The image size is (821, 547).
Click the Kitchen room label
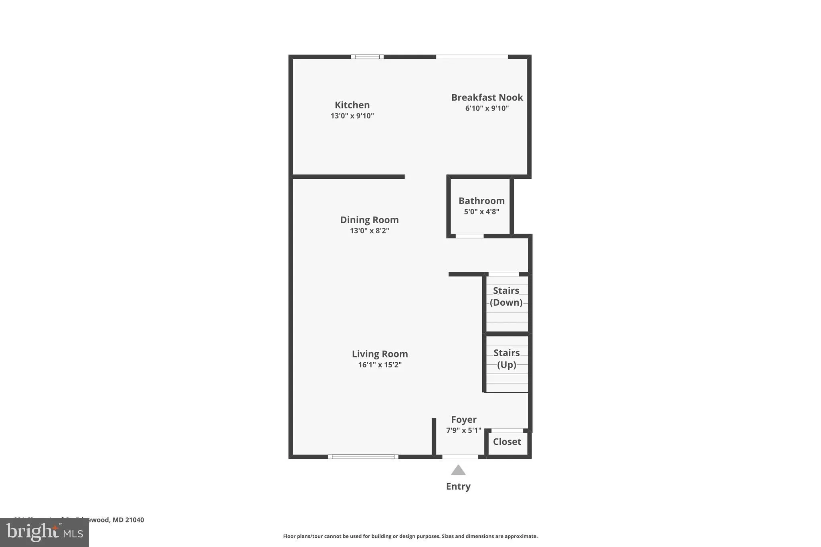[352, 105]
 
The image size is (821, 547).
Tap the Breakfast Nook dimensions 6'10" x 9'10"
[487, 108]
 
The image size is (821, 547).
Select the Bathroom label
[481, 201]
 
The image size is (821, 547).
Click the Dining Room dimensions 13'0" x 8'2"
[369, 231]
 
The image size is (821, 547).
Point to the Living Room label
[380, 354]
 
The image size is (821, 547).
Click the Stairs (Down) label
[506, 297]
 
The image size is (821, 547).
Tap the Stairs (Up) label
[506, 359]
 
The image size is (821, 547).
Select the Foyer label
[463, 420]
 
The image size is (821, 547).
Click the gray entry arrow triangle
[458, 470]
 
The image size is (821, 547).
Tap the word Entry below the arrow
[458, 486]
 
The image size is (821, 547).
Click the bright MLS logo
[44, 532]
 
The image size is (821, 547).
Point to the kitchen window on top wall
[367, 57]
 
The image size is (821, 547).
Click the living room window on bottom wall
[363, 457]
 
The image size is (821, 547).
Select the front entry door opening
[460, 457]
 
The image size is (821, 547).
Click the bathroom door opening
[469, 236]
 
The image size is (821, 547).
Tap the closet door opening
[507, 431]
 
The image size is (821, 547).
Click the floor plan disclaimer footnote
[410, 536]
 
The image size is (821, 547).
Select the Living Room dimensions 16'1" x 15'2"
[380, 365]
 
